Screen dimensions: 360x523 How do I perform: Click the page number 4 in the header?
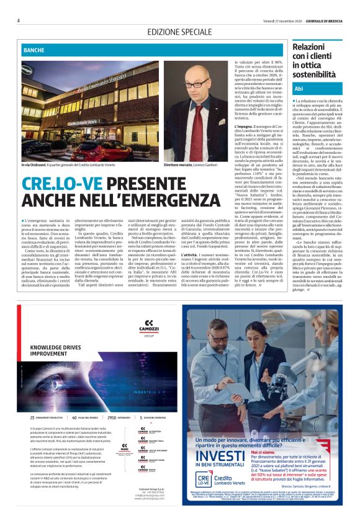click(x=19, y=20)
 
